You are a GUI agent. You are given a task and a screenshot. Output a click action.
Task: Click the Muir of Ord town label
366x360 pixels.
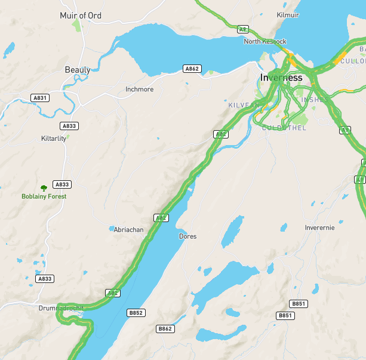pos(81,16)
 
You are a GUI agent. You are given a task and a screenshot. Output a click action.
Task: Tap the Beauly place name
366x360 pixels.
pos(78,70)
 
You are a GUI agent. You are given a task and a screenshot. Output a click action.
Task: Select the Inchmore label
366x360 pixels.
pos(139,90)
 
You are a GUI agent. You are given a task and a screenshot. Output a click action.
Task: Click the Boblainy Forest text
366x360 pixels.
pos(44,196)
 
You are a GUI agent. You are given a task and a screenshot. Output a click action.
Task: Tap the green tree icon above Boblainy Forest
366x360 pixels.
pos(44,187)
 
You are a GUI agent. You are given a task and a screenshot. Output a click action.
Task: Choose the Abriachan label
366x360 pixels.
pos(129,230)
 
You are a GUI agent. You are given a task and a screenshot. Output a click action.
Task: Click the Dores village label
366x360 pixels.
pos(187,236)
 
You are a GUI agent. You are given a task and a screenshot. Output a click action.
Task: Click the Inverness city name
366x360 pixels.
pos(281,78)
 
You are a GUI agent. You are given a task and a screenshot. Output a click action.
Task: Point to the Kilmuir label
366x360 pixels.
pos(288,15)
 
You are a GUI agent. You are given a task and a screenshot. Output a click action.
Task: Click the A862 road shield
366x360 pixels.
pos(192,69)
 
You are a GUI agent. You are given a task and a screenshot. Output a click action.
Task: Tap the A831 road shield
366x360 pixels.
pos(40,97)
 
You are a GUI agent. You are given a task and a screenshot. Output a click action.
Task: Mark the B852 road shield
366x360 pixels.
pos(136,313)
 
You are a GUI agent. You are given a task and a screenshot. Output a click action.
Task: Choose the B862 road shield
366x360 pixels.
pos(165,329)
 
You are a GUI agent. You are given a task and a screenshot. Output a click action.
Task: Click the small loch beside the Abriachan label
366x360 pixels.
pos(111,228)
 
